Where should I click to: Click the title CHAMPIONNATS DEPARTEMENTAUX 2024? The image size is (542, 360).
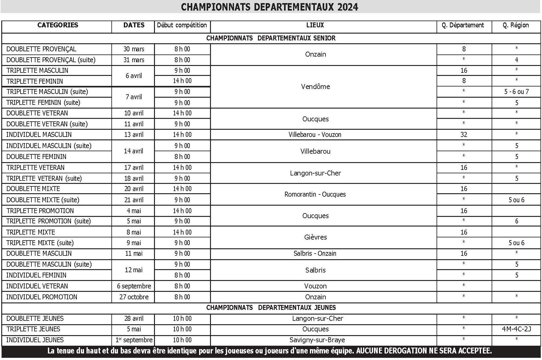point(269,7)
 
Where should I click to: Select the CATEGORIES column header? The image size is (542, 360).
point(58,25)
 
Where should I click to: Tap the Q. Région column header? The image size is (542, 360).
point(516,25)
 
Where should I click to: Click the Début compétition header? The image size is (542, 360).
point(182,25)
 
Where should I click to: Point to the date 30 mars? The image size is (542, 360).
point(134,49)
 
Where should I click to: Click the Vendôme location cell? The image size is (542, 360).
point(315,86)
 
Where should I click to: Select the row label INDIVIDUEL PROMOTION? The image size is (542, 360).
point(42,297)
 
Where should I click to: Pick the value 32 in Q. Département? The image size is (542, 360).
point(464,135)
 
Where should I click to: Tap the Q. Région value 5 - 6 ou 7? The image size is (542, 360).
point(516,92)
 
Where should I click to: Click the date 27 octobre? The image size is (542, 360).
point(134,297)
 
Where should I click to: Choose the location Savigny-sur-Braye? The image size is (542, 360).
point(317,340)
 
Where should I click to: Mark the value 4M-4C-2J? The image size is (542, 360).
point(516,329)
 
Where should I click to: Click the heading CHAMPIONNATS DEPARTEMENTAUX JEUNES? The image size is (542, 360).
point(271,308)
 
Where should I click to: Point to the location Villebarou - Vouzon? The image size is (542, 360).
point(315,135)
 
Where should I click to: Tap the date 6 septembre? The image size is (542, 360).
point(134,286)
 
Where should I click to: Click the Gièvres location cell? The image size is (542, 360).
point(315,237)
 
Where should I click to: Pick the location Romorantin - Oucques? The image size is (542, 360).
point(315,194)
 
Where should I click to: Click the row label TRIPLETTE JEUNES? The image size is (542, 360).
point(33,329)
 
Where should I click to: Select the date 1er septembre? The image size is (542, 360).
point(134,340)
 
